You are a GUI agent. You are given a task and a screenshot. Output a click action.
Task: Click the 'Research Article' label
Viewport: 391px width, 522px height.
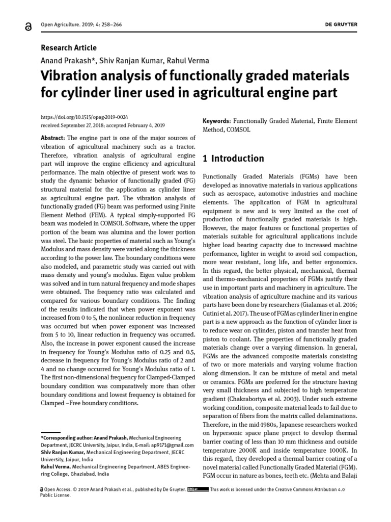68,47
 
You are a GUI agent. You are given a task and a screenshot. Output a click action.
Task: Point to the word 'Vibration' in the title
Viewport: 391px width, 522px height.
71,76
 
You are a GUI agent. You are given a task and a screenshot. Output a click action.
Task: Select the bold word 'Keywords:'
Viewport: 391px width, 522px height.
217,121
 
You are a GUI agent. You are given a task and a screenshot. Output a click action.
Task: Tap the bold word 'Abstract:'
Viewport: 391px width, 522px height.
52,138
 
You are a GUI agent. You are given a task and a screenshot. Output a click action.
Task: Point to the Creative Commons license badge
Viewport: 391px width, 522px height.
198,489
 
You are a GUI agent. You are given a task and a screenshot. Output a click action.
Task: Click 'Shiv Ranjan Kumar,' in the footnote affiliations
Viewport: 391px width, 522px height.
63,452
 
